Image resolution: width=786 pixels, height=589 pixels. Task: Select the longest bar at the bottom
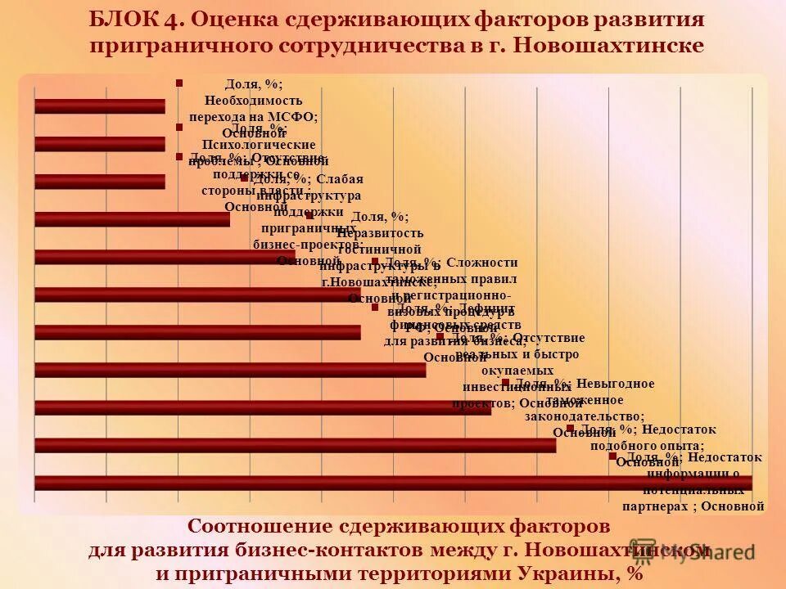(393, 483)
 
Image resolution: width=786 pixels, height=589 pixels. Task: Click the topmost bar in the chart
(99, 106)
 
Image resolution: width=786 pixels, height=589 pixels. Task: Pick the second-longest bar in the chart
(296, 445)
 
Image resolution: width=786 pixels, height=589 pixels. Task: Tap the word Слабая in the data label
(341, 179)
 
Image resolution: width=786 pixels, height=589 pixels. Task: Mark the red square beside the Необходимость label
(178, 83)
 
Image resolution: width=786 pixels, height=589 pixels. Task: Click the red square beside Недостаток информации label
(612, 456)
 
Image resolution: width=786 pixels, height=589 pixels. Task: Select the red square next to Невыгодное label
(505, 382)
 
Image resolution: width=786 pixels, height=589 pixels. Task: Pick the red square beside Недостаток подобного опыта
(570, 428)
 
